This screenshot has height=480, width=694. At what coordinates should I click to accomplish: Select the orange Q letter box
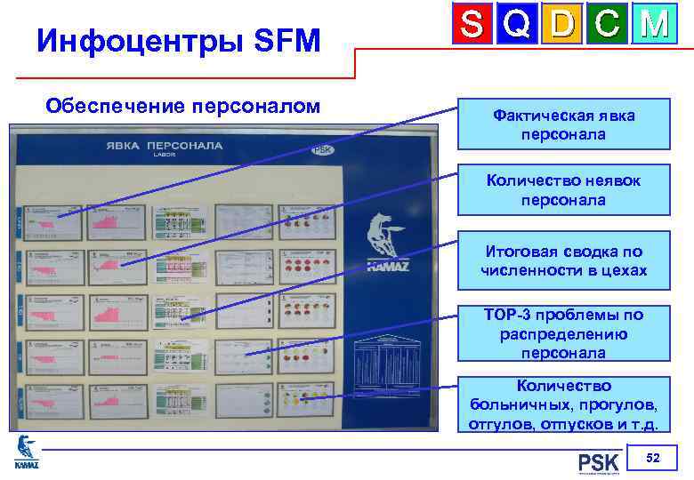[x=520, y=25]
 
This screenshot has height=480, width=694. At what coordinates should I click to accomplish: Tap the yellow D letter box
[x=563, y=25]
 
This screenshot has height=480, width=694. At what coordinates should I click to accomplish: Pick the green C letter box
[x=608, y=25]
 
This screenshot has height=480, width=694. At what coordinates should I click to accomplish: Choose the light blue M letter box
[x=652, y=25]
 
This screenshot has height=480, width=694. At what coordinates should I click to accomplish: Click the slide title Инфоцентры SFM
[x=178, y=40]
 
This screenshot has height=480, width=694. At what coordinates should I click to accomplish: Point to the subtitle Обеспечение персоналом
[x=182, y=107]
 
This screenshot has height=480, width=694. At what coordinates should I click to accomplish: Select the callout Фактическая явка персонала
[x=563, y=124]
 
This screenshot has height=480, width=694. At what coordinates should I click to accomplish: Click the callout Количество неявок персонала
[x=563, y=190]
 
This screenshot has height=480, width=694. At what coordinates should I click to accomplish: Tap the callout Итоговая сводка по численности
[x=563, y=261]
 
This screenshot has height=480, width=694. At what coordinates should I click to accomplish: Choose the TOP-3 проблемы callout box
[x=563, y=334]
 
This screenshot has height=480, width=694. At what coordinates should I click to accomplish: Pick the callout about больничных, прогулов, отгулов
[x=563, y=405]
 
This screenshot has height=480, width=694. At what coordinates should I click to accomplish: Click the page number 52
[x=652, y=458]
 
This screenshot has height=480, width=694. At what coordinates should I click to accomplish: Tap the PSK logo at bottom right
[x=598, y=462]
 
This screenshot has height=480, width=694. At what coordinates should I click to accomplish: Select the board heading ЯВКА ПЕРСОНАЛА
[x=165, y=146]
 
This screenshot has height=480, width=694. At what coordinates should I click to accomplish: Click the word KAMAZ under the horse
[x=388, y=265]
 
